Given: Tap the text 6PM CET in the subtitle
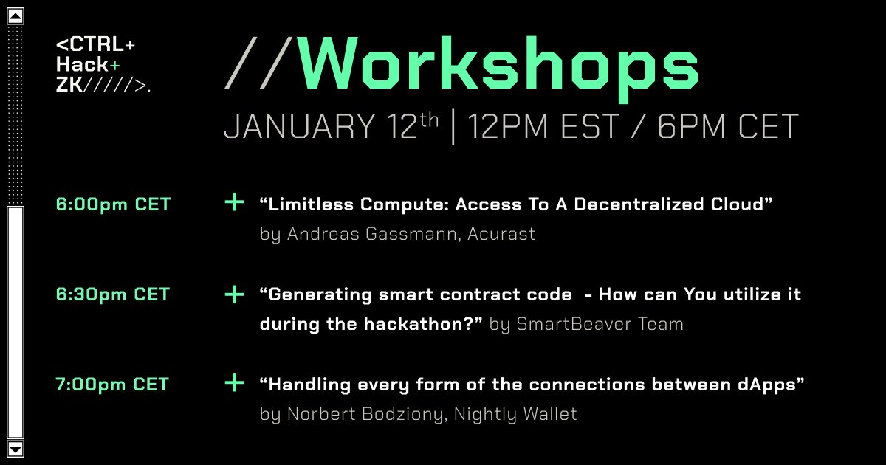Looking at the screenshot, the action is click(727, 127).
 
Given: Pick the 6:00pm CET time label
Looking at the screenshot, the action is click(113, 204).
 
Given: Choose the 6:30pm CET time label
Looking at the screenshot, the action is click(113, 294).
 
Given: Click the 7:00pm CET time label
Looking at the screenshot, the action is click(112, 385).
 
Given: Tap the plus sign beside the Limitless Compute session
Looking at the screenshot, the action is click(234, 202).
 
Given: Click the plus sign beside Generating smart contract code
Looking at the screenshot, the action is click(234, 294).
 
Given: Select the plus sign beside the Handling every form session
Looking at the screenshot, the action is click(234, 383).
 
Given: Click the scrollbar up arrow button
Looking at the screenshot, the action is click(15, 15).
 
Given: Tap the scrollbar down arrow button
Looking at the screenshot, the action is click(15, 448).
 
